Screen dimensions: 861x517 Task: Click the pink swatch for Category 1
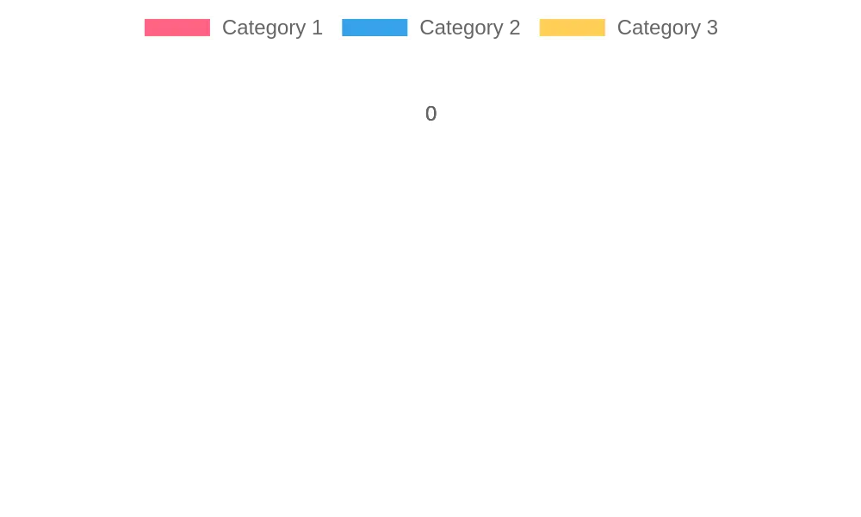(177, 28)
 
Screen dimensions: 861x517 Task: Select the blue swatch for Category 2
(375, 28)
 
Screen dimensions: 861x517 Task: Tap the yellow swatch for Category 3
(573, 28)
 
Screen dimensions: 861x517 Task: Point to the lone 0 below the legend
(431, 114)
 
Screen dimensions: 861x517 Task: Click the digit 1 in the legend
(317, 28)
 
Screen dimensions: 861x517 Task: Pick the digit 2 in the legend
(515, 28)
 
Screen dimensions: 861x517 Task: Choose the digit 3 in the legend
(712, 28)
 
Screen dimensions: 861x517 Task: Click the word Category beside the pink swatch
(263, 28)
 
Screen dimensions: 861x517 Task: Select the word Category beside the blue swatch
(461, 28)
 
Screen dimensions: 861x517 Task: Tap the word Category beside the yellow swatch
(659, 28)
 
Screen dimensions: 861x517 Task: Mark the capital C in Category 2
(427, 28)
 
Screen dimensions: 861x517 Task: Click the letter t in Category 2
(449, 28)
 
